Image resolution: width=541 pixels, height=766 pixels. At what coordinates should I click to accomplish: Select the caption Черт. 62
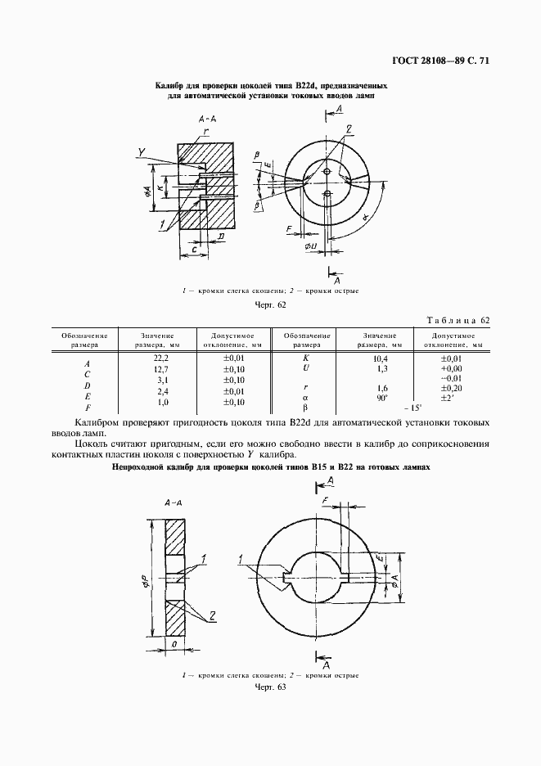point(270,305)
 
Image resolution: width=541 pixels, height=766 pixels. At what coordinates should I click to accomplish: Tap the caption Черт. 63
point(270,688)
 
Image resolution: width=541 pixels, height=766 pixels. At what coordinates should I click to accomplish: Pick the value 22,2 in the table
point(160,358)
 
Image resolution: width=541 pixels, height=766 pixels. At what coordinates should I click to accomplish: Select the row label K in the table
point(307,358)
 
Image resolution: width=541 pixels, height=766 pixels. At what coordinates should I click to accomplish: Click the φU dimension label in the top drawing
point(310,246)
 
